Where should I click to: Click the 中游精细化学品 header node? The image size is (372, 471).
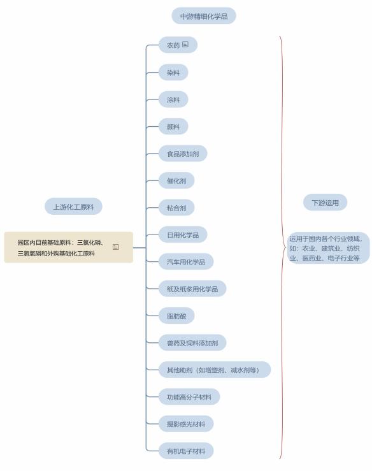click(x=204, y=16)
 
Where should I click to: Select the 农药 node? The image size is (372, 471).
click(x=178, y=45)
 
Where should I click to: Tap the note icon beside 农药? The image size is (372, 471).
click(x=185, y=45)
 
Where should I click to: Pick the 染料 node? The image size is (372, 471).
click(x=173, y=73)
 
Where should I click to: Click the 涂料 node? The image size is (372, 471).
click(x=173, y=99)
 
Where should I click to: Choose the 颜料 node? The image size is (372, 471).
click(x=173, y=126)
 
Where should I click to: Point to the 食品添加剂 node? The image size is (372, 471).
click(x=183, y=154)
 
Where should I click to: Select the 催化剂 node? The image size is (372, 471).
click(x=176, y=180)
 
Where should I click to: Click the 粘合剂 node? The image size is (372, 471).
click(x=176, y=208)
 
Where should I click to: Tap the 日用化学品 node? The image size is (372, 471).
click(x=183, y=235)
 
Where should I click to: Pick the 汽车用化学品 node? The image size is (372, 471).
click(x=186, y=262)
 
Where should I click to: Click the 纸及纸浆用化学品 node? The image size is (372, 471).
click(x=192, y=289)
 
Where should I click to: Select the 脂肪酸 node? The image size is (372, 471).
click(x=176, y=315)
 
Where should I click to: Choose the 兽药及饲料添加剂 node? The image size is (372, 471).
click(x=192, y=343)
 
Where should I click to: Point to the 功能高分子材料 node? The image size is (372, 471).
click(x=189, y=397)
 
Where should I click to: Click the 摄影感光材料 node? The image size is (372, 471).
click(x=186, y=424)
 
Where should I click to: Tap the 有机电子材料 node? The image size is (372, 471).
click(x=186, y=451)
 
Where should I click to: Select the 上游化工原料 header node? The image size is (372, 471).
click(x=73, y=207)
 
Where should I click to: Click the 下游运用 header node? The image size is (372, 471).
click(x=325, y=203)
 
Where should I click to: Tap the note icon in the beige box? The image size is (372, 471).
click(x=115, y=247)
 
